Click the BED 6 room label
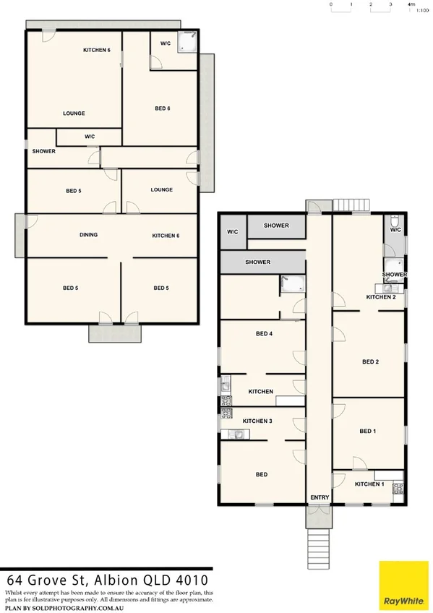162,108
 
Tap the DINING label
88,235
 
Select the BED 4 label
264,334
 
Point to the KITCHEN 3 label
257,421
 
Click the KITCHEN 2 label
381,297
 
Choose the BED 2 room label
369,362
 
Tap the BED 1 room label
368,432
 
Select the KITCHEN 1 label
369,484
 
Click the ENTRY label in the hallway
319,497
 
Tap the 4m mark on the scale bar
411,4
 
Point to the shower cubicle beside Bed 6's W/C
187,43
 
